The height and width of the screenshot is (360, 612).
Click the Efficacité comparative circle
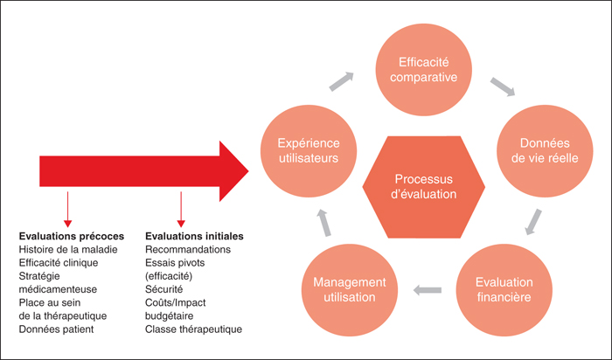pyautogui.click(x=423, y=70)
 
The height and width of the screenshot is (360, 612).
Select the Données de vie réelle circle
pyautogui.click(x=545, y=151)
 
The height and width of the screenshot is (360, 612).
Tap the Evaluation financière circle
pyautogui.click(x=504, y=290)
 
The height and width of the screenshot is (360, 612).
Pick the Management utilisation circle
pyautogui.click(x=350, y=290)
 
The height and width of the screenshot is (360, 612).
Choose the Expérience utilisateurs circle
pyautogui.click(x=309, y=151)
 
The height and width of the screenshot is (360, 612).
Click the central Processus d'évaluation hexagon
pyautogui.click(x=423, y=187)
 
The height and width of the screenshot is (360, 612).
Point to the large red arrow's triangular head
pyautogui.click(x=233, y=171)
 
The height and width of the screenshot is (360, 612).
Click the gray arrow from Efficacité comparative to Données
pyautogui.click(x=503, y=87)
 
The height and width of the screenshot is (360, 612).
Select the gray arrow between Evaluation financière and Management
pyautogui.click(x=428, y=290)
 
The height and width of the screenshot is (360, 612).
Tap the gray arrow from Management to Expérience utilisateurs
pyautogui.click(x=323, y=222)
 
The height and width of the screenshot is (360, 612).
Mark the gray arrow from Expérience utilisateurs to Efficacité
pyautogui.click(x=342, y=81)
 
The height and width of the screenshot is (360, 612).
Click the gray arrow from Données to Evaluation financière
pyautogui.click(x=533, y=222)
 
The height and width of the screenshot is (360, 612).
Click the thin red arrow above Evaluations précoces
pyautogui.click(x=67, y=210)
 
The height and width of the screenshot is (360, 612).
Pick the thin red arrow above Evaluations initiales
pyautogui.click(x=181, y=210)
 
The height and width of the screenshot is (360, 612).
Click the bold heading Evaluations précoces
pyautogui.click(x=72, y=236)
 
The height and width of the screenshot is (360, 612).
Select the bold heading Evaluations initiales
pyautogui.click(x=194, y=236)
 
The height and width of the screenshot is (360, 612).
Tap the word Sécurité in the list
pyautogui.click(x=164, y=289)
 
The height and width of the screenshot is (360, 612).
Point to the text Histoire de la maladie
pyautogui.click(x=68, y=249)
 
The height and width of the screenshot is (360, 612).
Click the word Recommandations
pyautogui.click(x=188, y=249)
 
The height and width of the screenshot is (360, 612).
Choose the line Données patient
pyautogui.click(x=56, y=329)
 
